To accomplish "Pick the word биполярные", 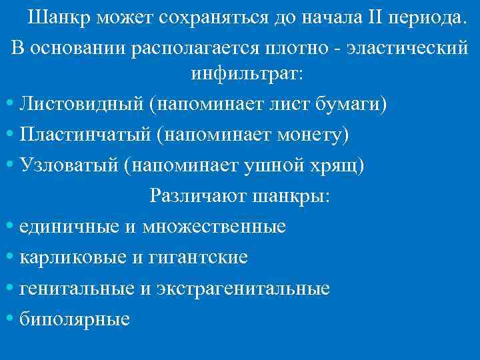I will point(75,319).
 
